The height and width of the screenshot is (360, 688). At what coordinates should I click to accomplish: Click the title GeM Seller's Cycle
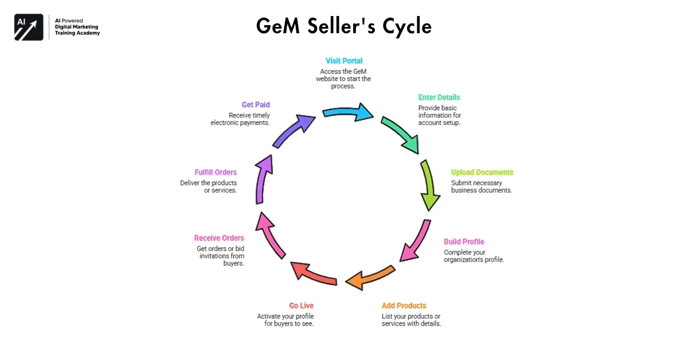343,26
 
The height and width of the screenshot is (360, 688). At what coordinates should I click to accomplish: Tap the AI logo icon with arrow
29,27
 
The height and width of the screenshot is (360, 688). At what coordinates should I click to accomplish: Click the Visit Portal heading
344,61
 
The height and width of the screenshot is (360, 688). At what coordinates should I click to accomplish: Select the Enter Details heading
439,97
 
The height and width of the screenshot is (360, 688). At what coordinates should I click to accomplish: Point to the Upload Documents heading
482,173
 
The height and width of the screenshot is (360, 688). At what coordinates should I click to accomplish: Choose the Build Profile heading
464,242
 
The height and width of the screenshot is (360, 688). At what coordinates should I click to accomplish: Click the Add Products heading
404,306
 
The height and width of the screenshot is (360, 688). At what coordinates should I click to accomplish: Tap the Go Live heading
301,306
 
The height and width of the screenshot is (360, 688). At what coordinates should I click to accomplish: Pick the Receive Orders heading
218,238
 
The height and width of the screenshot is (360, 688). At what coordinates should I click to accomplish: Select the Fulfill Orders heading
216,173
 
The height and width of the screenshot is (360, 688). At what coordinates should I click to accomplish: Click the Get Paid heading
256,105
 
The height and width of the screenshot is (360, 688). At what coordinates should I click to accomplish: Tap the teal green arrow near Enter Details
401,134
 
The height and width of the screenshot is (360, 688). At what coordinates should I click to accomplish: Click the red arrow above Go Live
315,273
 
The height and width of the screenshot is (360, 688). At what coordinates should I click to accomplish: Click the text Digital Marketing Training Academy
77,30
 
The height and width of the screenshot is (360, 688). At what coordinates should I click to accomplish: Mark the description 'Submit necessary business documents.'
481,186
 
